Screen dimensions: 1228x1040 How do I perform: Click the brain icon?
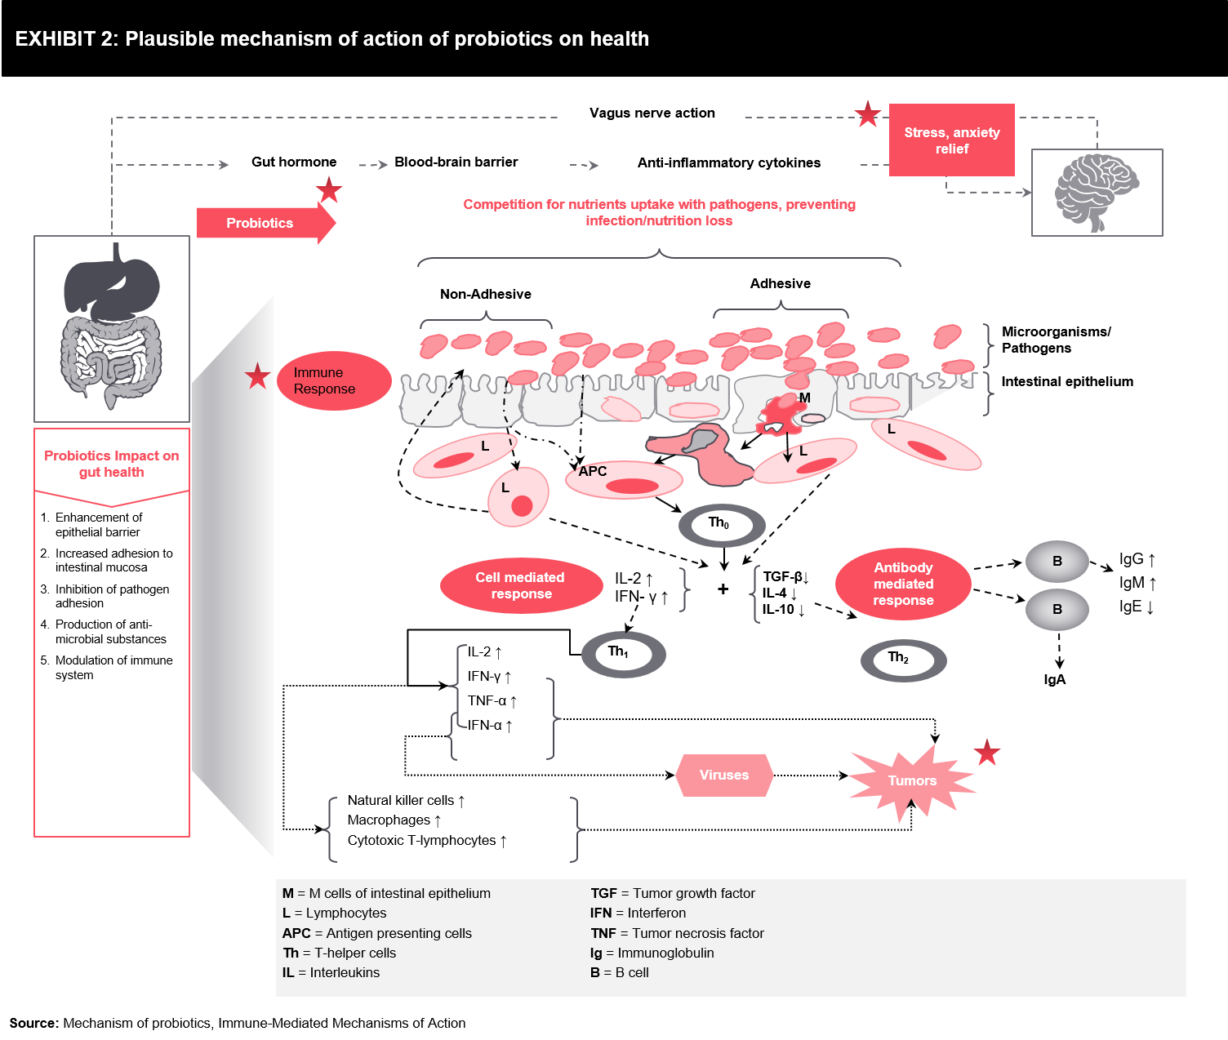[x=1096, y=192]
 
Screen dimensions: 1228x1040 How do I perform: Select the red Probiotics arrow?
[x=266, y=223]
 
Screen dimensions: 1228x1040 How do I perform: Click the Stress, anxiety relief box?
[x=952, y=140]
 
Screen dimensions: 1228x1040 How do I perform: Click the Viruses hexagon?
[x=724, y=775]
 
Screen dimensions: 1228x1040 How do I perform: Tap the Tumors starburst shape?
[x=913, y=780]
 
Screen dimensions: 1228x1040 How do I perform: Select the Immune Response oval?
[x=334, y=380]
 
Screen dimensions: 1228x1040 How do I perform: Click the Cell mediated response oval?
[x=521, y=585]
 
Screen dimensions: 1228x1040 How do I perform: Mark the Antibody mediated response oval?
[x=903, y=584]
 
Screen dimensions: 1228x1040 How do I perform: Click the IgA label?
[x=1055, y=679]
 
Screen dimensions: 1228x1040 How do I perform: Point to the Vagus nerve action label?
[x=652, y=113]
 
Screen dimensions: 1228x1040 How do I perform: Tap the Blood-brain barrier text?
[x=456, y=162]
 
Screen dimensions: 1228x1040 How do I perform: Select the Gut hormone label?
[x=293, y=162]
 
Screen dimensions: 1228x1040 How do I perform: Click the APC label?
[x=592, y=471]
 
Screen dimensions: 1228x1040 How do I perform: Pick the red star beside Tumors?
[x=987, y=753]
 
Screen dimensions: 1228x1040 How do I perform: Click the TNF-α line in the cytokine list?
[x=492, y=701]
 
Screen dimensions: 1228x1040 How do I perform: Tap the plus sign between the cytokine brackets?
[x=723, y=589]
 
